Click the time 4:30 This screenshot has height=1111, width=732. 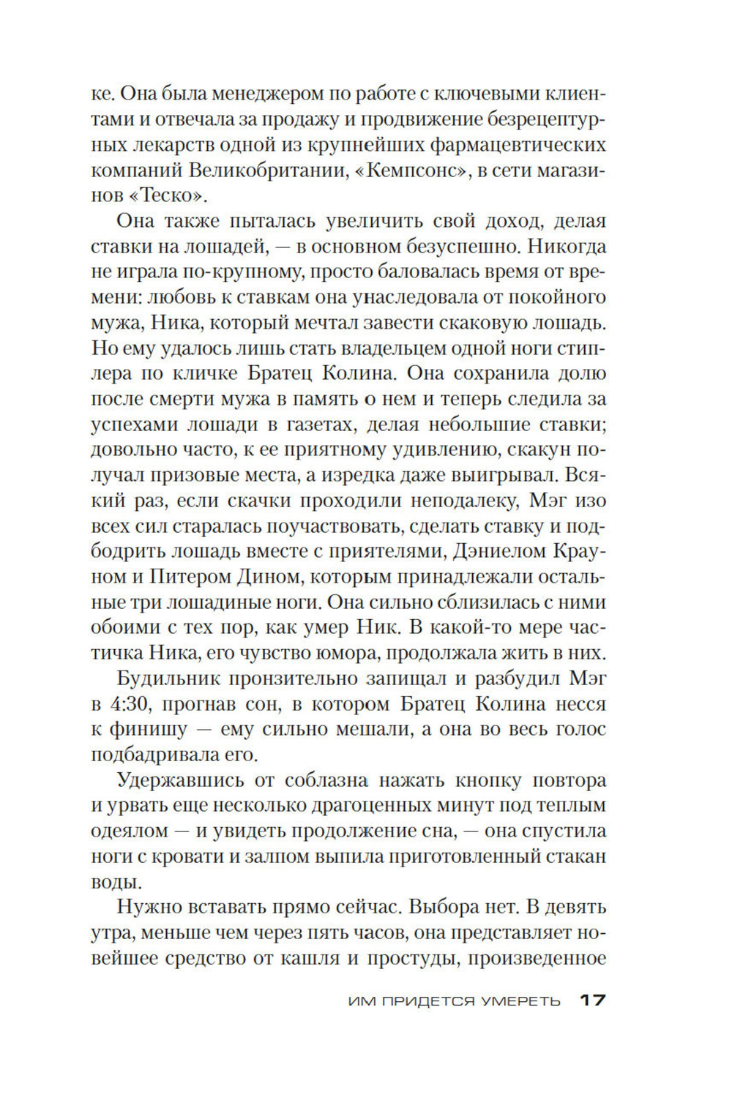(130, 704)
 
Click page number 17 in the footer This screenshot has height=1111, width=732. (592, 1000)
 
